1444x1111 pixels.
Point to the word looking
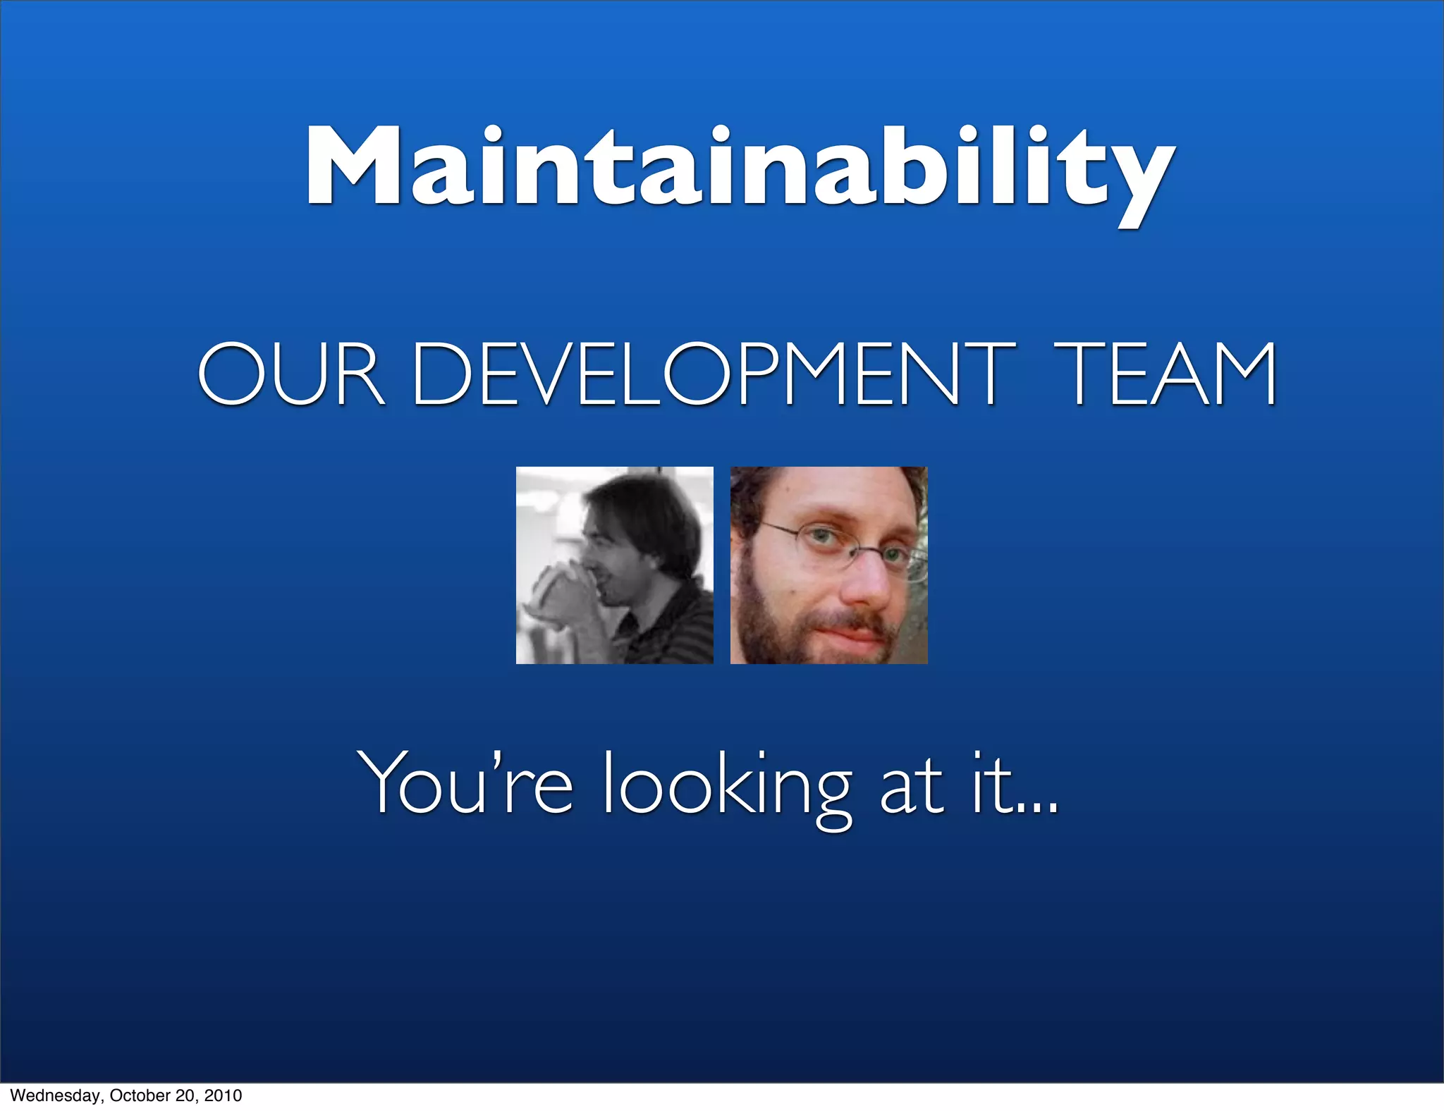pos(726,786)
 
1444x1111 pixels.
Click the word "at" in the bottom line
pos(910,786)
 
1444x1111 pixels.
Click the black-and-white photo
pos(614,565)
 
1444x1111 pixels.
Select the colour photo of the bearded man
pos(828,565)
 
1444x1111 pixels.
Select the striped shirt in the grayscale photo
pos(670,627)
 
